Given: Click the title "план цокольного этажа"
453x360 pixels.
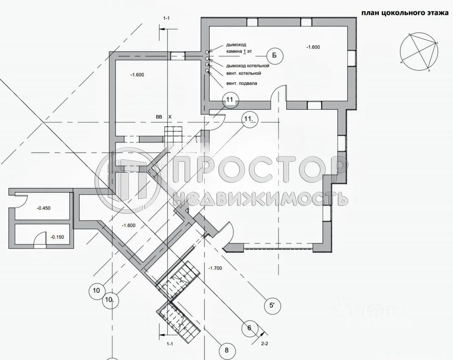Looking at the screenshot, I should tap(405, 13).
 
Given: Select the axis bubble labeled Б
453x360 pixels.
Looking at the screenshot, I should tap(274, 55).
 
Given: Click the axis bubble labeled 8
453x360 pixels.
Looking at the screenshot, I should tap(226, 350).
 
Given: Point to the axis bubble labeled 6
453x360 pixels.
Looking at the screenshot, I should tap(249, 328).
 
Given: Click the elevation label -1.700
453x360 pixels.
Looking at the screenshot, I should tap(215, 268).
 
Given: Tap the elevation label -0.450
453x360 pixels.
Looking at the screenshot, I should tap(44, 208).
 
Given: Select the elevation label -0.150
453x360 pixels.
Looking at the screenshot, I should tap(57, 237).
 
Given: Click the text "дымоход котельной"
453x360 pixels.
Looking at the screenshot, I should tap(248, 66).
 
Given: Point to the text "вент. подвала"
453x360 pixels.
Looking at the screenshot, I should tap(242, 84).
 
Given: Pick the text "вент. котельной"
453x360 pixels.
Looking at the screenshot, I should tap(243, 73).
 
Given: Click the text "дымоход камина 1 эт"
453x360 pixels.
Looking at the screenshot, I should tap(239, 48).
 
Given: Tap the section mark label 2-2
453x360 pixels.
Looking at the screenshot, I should tap(265, 343).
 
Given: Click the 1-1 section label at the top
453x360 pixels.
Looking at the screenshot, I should tap(166, 18).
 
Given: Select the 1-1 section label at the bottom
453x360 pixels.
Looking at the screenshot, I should tap(170, 344).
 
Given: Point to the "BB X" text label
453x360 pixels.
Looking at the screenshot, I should tap(163, 116).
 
